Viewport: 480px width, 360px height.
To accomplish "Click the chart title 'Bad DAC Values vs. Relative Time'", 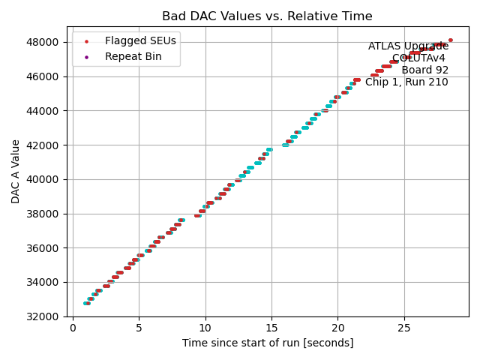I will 267,16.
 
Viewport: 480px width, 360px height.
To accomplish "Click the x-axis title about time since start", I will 267,343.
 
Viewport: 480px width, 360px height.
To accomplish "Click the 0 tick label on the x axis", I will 73,327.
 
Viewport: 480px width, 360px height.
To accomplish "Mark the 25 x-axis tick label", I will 404,327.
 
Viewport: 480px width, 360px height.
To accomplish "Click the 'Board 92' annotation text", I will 424,70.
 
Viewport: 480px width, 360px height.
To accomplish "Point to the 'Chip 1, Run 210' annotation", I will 406,82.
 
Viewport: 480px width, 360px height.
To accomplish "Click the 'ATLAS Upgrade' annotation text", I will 408,46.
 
